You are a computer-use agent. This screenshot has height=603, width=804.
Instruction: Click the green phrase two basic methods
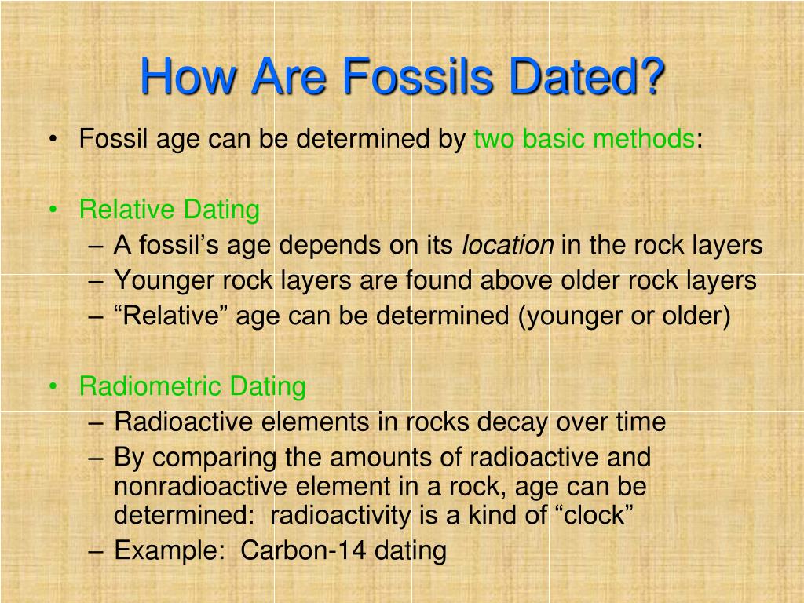point(583,140)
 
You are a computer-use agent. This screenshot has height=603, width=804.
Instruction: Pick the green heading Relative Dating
point(169,210)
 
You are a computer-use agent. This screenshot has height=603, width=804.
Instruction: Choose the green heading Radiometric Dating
point(192,386)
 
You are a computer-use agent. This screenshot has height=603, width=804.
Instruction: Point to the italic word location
point(507,245)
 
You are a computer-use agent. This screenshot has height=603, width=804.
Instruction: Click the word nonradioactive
point(203,487)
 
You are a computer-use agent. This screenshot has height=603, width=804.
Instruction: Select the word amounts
point(365,457)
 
